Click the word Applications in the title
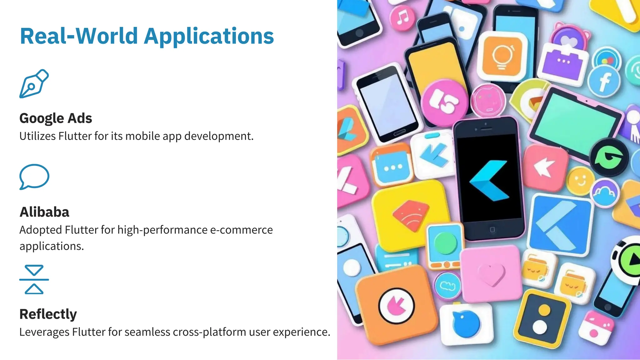209,37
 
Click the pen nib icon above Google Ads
34,84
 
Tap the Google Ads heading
56,118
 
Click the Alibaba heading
44,212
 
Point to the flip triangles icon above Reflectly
34,279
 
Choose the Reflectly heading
48,314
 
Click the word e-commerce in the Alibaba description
241,230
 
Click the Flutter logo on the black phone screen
489,180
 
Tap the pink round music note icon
402,18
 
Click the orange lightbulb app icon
502,57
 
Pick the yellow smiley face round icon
581,181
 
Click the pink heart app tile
491,273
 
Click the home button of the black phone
492,230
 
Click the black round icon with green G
609,157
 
